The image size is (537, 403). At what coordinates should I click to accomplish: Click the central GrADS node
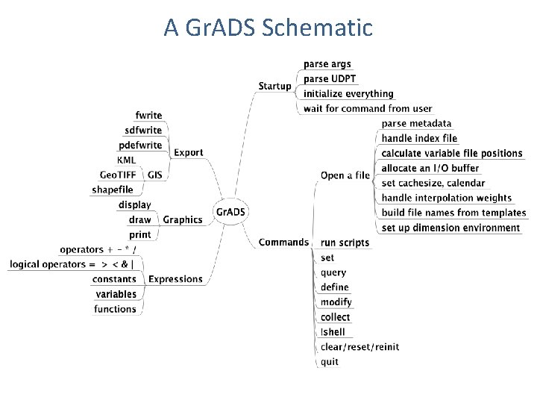tap(230, 212)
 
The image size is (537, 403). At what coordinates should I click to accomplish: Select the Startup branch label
tap(274, 87)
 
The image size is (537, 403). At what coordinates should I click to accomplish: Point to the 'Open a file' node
tap(345, 176)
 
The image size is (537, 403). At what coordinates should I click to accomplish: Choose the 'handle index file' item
tap(419, 139)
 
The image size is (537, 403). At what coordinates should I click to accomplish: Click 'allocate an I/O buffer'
tap(430, 169)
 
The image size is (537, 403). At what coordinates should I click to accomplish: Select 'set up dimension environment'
tap(450, 228)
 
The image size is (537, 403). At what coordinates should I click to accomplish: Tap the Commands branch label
tap(283, 242)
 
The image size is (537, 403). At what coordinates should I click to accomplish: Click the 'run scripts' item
tap(345, 243)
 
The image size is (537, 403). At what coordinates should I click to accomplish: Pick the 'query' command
tap(333, 272)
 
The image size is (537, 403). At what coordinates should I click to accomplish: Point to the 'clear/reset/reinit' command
tap(359, 347)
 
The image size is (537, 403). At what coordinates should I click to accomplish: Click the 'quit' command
tap(330, 362)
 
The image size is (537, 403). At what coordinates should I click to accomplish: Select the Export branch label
tap(188, 153)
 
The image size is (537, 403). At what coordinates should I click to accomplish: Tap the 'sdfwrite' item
tap(143, 131)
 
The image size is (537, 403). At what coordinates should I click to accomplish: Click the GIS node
tap(155, 175)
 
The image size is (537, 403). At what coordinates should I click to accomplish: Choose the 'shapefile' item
tap(113, 190)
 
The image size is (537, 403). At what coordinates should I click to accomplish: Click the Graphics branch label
tap(182, 220)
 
